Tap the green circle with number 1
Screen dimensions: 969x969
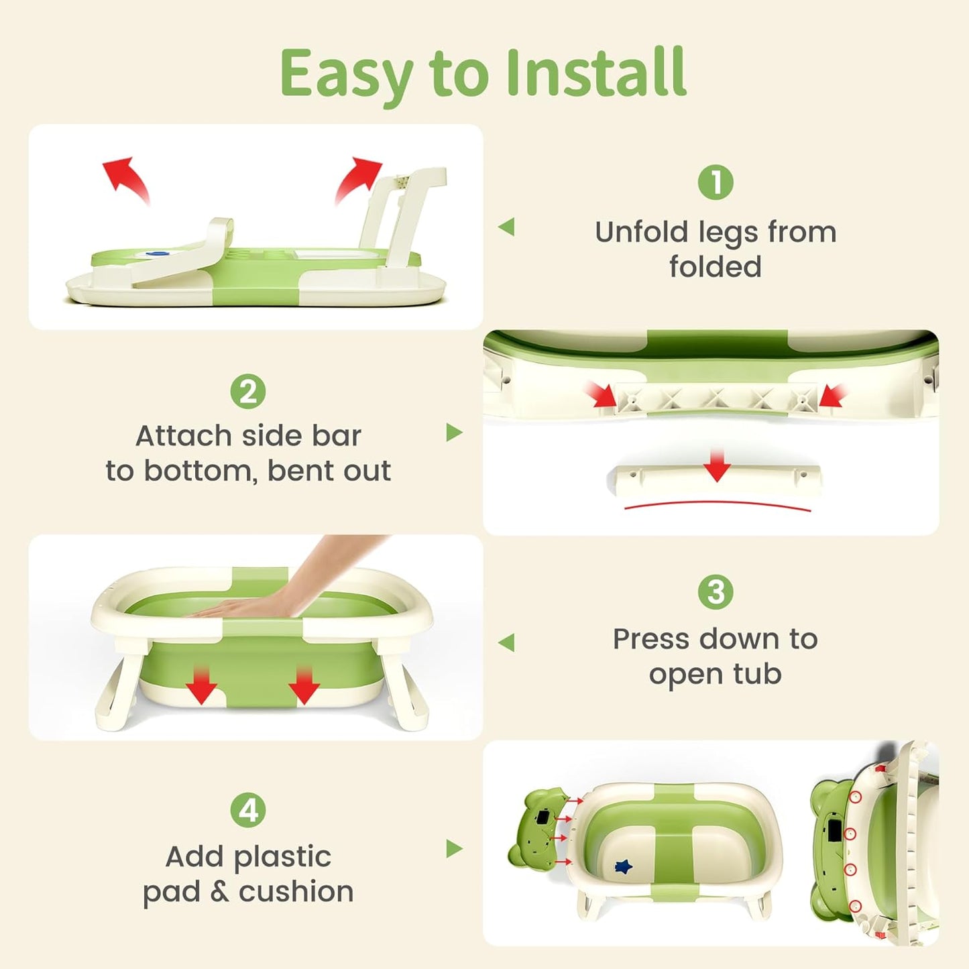[x=716, y=182]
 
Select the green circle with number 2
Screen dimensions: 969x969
[x=248, y=392]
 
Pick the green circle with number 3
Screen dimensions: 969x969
[x=716, y=592]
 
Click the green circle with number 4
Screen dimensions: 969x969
[x=248, y=810]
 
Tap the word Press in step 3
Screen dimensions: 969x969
[x=650, y=639]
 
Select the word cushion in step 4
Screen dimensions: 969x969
[x=296, y=892]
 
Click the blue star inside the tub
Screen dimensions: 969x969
[x=623, y=867]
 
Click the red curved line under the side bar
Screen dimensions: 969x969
[x=717, y=505]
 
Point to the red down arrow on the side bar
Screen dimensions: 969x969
[x=717, y=465]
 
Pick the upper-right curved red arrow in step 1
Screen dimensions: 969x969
[x=357, y=179]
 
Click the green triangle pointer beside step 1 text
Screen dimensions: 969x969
[x=507, y=227]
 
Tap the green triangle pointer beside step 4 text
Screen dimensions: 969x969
[x=454, y=848]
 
